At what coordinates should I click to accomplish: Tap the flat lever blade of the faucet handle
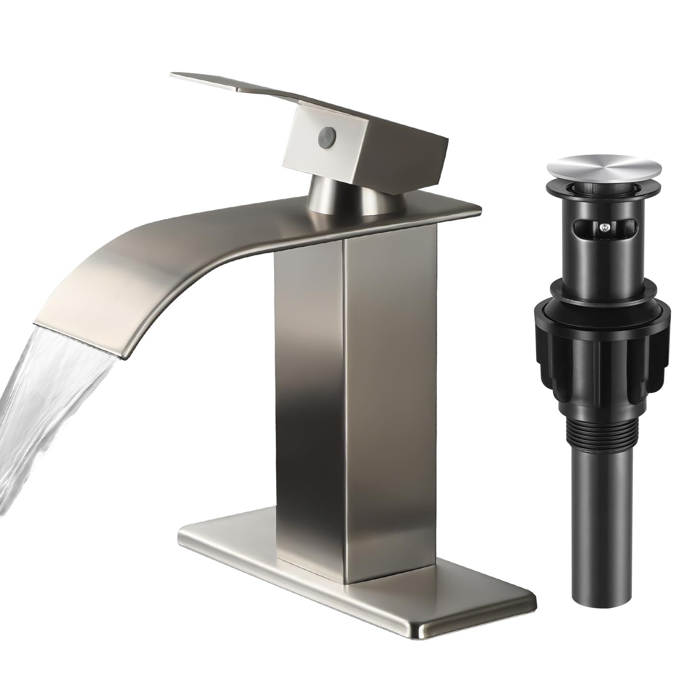tap(243, 89)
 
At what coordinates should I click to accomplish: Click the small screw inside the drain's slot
tap(603, 225)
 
